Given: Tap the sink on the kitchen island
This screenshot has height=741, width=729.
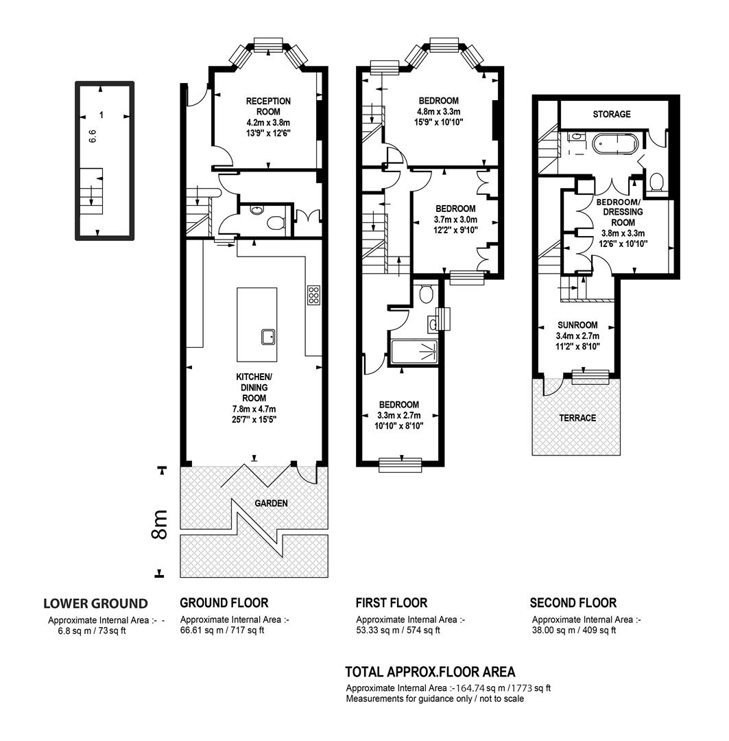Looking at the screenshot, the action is coord(268,337).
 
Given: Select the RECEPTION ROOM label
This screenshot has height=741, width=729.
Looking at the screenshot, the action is coord(268,106).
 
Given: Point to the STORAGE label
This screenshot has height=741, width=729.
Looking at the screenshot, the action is coord(612,115).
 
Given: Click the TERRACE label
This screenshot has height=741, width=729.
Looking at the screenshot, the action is coord(577,419).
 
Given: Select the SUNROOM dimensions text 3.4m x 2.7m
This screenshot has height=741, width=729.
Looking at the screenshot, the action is coord(577,336).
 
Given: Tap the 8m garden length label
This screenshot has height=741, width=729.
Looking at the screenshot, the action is coord(160,525).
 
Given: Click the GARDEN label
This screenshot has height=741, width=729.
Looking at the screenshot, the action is coord(271,504).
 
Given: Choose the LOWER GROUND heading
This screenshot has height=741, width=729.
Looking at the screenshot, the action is coord(95,604).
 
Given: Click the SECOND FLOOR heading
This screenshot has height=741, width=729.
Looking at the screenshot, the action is coord(573,603).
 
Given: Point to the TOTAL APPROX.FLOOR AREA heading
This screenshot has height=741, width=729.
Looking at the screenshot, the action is coord(430,672).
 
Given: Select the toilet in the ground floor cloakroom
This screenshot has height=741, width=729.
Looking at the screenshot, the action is coord(276,222).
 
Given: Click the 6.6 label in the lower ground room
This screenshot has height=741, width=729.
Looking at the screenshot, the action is coord(93,137).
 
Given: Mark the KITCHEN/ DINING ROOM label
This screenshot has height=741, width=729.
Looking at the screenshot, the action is coord(254,388).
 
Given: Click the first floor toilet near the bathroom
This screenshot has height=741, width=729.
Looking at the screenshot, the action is coord(427,293).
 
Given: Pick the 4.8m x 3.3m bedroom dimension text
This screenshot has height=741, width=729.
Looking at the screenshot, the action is coord(438,112).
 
